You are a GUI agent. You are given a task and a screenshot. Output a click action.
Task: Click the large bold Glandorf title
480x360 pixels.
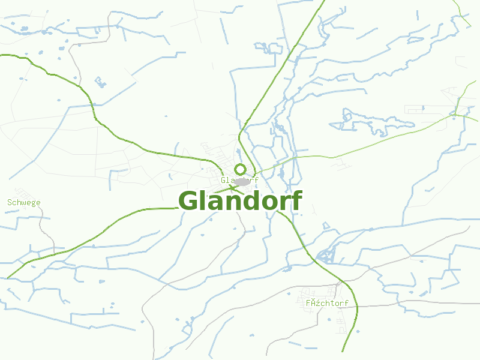240,201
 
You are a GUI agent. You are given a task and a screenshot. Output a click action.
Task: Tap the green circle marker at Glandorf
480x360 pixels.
240,169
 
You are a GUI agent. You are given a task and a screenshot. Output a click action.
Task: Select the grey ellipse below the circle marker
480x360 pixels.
242,182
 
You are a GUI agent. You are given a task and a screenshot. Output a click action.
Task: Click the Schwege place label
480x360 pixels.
24,202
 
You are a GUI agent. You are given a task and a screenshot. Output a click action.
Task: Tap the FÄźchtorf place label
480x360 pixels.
327,303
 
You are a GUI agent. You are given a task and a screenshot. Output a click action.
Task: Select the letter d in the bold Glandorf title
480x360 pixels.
249,200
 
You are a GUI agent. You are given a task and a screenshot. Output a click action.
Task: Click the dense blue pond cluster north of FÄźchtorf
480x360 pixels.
327,255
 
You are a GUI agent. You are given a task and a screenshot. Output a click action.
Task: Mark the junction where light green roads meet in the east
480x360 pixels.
456,114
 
